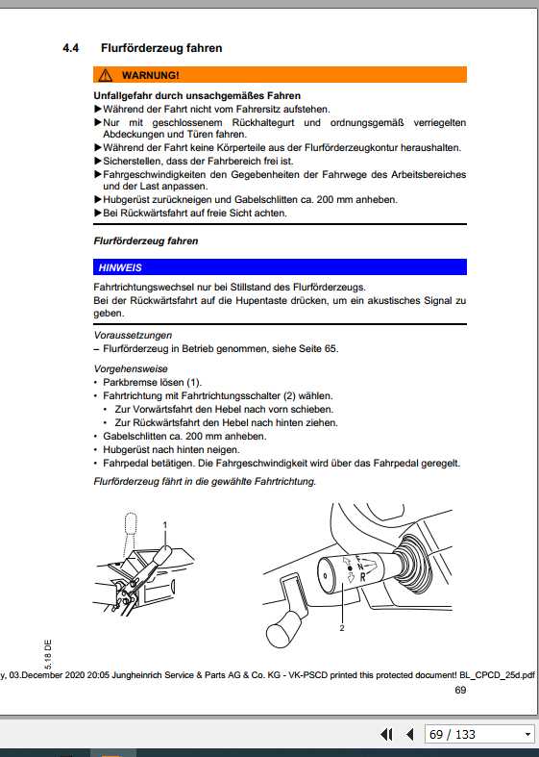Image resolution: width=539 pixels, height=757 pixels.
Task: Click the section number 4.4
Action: (x=69, y=47)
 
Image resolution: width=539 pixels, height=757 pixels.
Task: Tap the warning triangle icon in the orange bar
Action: (x=104, y=75)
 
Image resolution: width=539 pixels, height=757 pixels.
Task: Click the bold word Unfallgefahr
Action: (x=127, y=95)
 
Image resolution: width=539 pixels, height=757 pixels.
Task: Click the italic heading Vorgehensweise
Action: (x=131, y=368)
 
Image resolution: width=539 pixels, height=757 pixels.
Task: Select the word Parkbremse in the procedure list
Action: (x=129, y=382)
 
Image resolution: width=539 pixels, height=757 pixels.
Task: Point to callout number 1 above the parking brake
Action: (x=165, y=524)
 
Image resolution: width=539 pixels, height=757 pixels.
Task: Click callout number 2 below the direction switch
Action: (x=341, y=628)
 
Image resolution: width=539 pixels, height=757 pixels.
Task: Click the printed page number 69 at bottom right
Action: (x=459, y=690)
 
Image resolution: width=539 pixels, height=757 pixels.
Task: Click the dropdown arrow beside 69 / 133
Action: (x=527, y=735)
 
